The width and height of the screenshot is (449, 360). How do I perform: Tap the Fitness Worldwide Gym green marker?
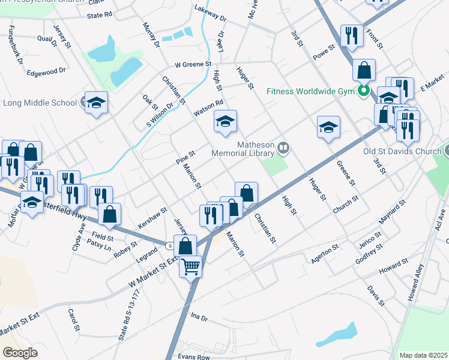pyautogui.click(x=363, y=92)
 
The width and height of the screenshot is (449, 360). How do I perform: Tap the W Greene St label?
pyautogui.click(x=193, y=64)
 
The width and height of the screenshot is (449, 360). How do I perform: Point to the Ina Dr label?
pyautogui.click(x=199, y=316)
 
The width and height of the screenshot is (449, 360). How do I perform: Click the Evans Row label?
pyautogui.click(x=194, y=356)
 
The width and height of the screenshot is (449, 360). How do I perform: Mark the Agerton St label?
pyautogui.click(x=326, y=257)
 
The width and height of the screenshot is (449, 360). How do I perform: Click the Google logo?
pyautogui.click(x=20, y=353)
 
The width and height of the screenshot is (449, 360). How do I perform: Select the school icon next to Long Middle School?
pyautogui.click(x=96, y=103)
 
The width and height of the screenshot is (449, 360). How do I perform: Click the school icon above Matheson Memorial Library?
pyautogui.click(x=226, y=122)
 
